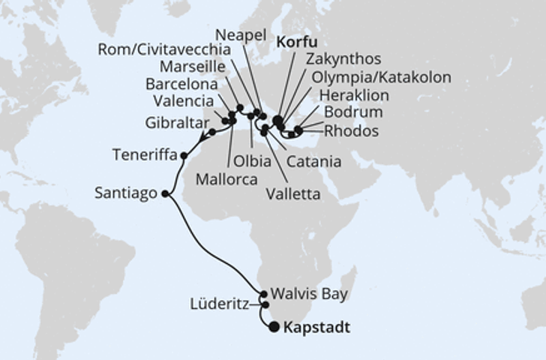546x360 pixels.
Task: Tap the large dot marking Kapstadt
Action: (x=274, y=327)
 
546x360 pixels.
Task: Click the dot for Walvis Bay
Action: (x=263, y=295)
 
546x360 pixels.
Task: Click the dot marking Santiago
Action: (x=165, y=193)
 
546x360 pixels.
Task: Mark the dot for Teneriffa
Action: (x=184, y=156)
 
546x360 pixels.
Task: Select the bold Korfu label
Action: (x=300, y=42)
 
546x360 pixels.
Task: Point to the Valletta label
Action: (x=292, y=194)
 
